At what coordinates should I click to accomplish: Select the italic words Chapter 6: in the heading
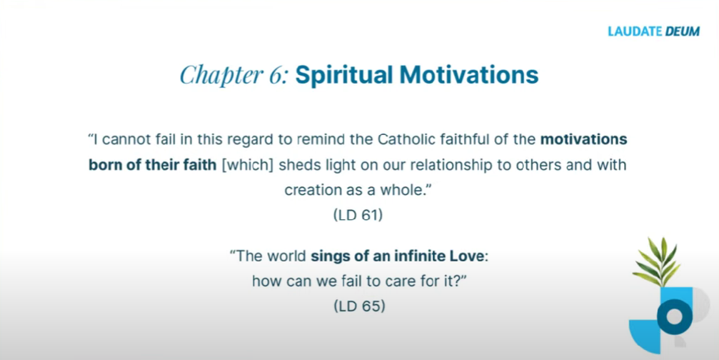tap(234, 75)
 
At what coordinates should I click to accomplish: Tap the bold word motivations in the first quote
tap(584, 139)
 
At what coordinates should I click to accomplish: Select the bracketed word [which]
tap(248, 164)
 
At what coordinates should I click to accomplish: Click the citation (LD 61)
tap(358, 214)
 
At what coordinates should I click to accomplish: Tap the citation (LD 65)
tap(360, 306)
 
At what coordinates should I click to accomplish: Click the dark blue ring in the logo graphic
tap(674, 317)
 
